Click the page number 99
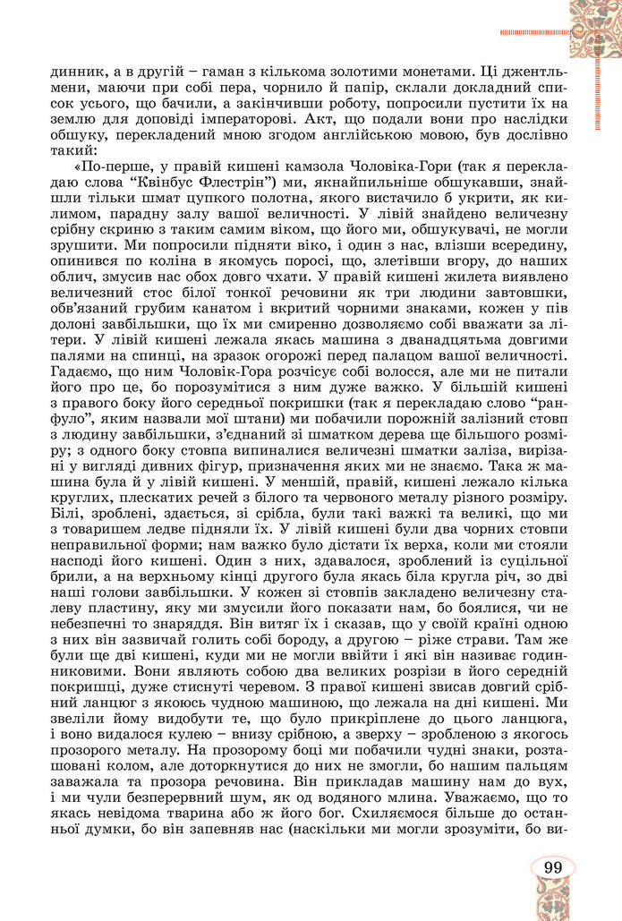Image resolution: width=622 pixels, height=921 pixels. [x=551, y=867]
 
